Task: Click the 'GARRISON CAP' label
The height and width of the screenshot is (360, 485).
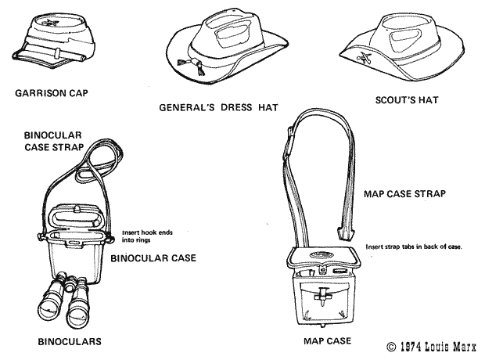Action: pos(51,92)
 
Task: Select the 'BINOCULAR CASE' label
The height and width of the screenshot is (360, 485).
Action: pos(153,257)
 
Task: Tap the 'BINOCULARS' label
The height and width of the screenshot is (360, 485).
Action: pos(69,341)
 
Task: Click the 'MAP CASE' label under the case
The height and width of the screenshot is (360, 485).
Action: pos(327,341)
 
